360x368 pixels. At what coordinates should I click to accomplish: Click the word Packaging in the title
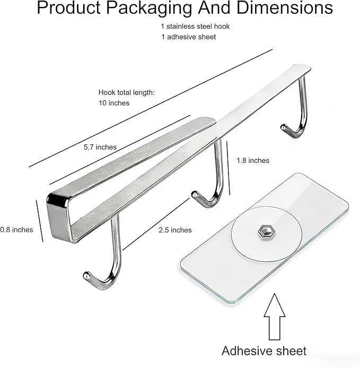[150, 8]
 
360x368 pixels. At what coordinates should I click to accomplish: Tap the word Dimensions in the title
[284, 7]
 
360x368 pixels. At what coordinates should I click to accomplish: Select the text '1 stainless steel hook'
[195, 27]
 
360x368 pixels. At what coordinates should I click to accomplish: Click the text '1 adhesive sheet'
[188, 37]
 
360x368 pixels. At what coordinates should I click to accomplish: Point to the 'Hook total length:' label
[127, 92]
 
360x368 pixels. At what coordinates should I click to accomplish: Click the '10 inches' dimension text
[114, 103]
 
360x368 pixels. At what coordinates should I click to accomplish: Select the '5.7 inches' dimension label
[100, 147]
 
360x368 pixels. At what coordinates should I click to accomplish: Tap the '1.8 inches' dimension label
[253, 161]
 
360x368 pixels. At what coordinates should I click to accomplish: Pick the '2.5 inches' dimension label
[175, 230]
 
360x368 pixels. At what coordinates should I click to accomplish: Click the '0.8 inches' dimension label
[16, 230]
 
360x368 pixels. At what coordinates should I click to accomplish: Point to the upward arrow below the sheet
[275, 317]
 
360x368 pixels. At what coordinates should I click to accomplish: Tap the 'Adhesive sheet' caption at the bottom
[264, 351]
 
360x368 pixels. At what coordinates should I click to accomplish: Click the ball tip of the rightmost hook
[284, 127]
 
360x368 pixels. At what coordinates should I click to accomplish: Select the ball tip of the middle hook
[195, 194]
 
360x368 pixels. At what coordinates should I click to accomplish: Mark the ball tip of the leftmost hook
[86, 275]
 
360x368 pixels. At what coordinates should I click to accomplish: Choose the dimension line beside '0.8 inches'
[40, 221]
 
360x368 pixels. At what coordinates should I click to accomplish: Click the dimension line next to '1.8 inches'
[228, 168]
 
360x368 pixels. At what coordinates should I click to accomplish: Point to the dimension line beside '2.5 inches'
[156, 224]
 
